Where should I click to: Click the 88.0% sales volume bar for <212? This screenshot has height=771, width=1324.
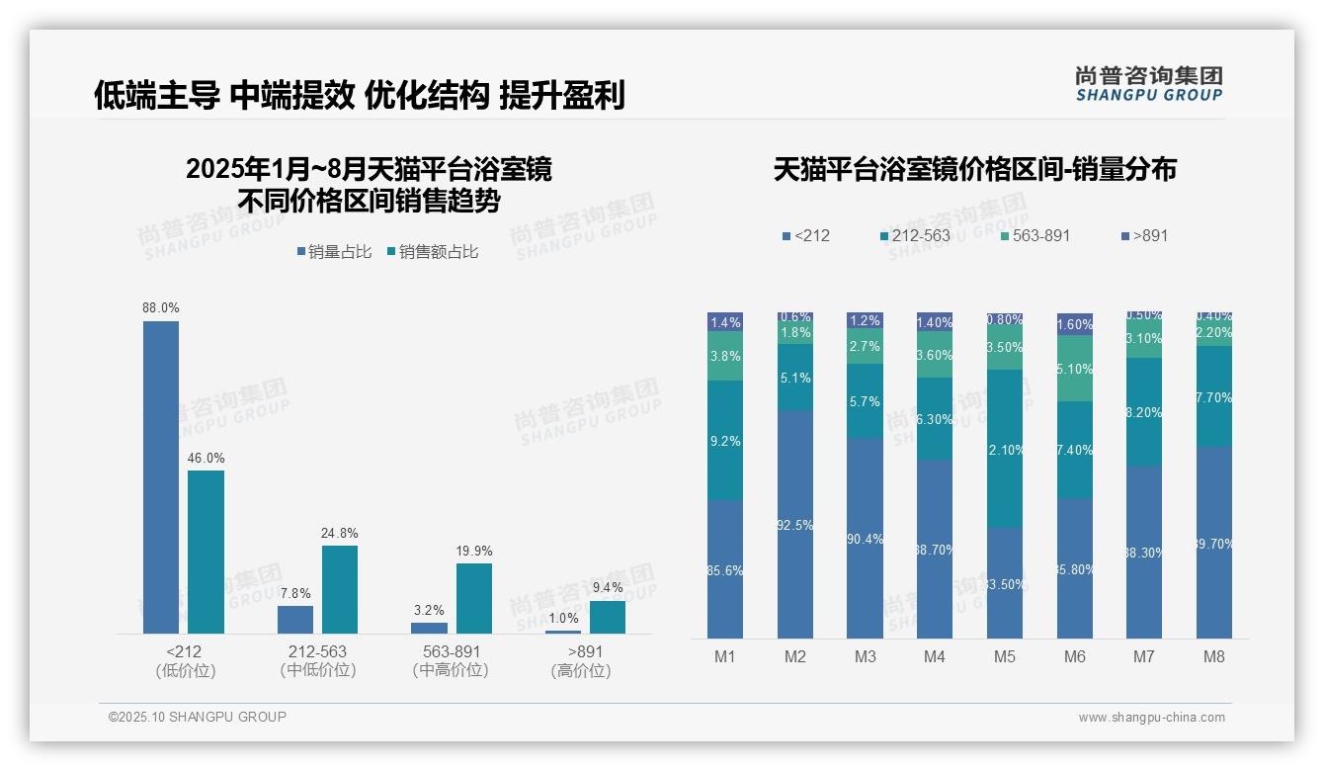tap(161, 476)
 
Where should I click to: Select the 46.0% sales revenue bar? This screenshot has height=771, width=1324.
tap(206, 552)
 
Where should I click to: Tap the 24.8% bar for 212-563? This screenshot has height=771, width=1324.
tap(340, 589)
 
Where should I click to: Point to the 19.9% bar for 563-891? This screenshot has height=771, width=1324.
tap(473, 598)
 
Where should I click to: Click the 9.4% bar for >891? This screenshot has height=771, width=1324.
tap(608, 617)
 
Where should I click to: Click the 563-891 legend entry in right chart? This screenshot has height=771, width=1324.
tap(1034, 236)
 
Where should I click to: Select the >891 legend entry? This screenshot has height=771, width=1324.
tap(1145, 236)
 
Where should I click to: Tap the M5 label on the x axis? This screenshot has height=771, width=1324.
tap(1004, 656)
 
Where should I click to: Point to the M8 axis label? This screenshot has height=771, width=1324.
tap(1213, 656)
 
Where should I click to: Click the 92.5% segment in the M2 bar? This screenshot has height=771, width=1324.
tap(794, 524)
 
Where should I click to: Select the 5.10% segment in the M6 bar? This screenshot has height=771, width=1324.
tap(1075, 369)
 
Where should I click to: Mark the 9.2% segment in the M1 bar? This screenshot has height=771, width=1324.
tap(725, 441)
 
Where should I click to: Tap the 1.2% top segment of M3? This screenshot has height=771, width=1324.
tap(865, 321)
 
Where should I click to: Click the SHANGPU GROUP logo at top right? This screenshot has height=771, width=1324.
tap(1148, 84)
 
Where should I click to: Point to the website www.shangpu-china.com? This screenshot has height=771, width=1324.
tap(1151, 718)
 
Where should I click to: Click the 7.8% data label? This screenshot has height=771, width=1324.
tap(295, 594)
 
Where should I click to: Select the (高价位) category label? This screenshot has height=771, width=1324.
tap(580, 671)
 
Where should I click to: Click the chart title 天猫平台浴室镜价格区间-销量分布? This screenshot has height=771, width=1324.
tap(974, 170)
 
